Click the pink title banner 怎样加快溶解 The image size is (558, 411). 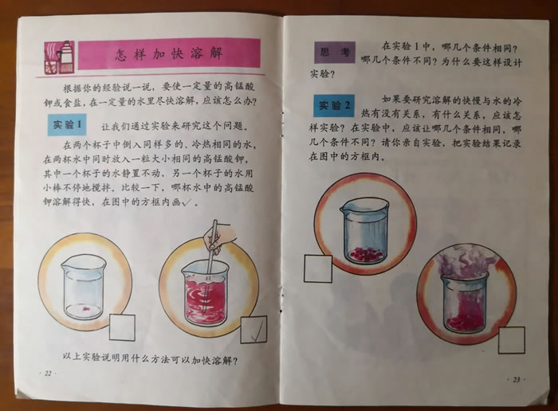click(169, 54)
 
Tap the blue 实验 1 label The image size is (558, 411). click(67, 124)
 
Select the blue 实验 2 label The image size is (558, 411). click(334, 105)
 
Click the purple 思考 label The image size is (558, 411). click(335, 53)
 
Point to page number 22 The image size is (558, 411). click(48, 373)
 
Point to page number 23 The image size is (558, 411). click(517, 379)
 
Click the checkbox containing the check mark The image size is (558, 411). click(253, 330)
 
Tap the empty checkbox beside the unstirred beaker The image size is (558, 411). click(122, 327)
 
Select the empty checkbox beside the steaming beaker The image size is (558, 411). click(512, 340)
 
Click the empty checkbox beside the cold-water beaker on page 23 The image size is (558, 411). click(318, 268)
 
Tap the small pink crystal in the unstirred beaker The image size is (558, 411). click(86, 309)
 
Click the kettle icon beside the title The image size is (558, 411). click(66, 55)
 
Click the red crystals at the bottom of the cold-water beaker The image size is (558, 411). click(366, 253)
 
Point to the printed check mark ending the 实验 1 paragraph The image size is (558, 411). click(187, 202)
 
